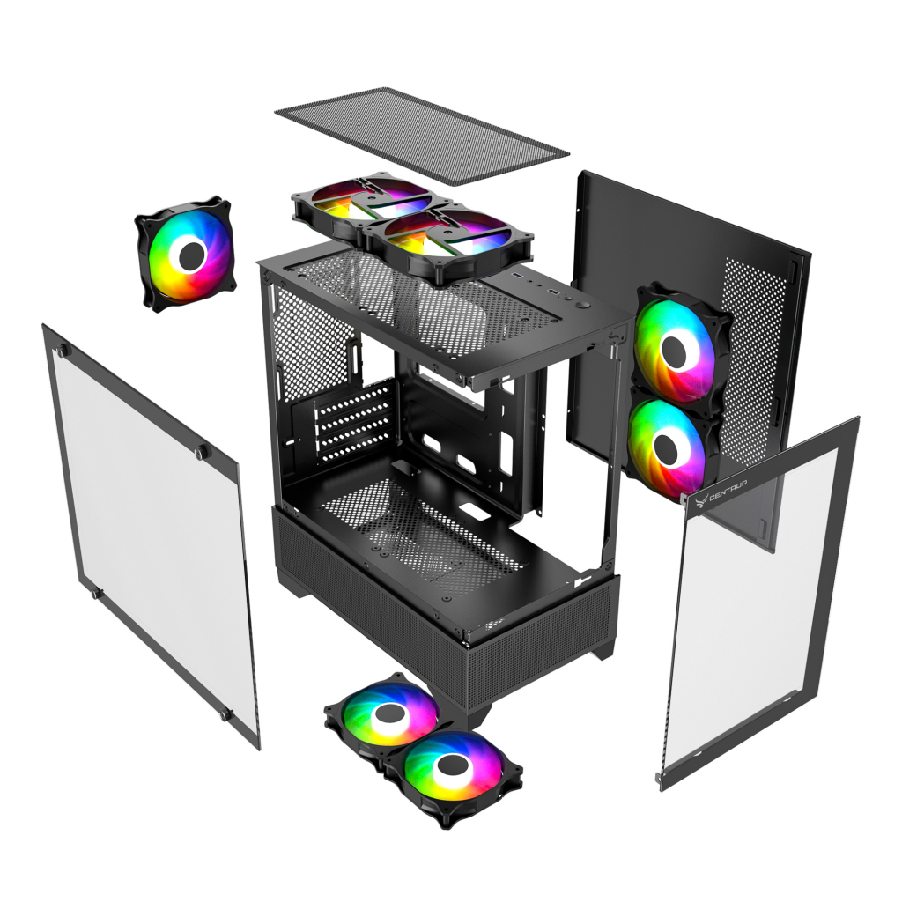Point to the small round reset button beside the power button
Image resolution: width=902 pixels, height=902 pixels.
point(568,299)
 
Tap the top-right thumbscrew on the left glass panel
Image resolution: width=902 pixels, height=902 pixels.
point(202,452)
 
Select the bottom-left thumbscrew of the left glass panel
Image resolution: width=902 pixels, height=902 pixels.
point(96,593)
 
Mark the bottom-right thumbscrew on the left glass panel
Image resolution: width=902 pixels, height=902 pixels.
point(225,715)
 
